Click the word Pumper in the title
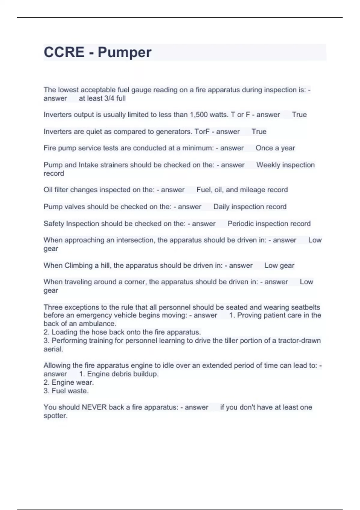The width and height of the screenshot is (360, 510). (x=124, y=52)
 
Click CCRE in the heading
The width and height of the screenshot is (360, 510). (x=64, y=52)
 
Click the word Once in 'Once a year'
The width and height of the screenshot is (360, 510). (x=264, y=148)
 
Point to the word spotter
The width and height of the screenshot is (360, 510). (x=55, y=416)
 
